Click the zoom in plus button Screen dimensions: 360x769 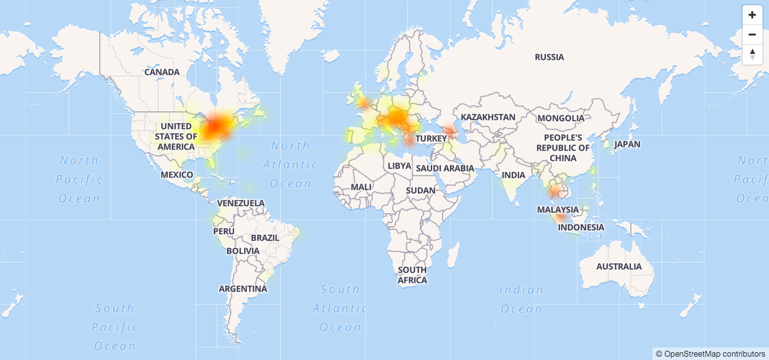pos(752,15)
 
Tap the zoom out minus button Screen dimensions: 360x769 pos(752,34)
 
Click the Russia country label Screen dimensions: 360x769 pos(549,57)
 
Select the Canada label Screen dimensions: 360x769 pos(162,72)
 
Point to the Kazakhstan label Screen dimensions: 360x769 pos(488,117)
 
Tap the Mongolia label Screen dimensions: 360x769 pos(560,118)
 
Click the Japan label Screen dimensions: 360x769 pos(627,144)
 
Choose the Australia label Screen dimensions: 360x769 pos(619,267)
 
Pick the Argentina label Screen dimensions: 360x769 pos(243,289)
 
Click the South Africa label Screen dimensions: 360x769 pos(412,275)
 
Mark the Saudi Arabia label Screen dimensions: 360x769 pos(445,168)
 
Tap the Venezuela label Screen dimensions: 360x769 pos(241,203)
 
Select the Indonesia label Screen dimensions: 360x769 pos(581,228)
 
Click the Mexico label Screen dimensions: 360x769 pos(177,175)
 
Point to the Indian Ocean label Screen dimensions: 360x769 pos(522,299)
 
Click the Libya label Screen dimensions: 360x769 pos(399,166)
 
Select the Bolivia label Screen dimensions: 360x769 pos(243,251)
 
